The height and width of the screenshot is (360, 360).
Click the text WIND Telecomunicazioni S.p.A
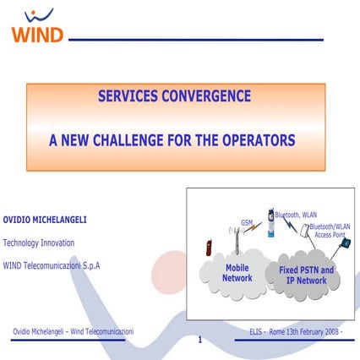pos(52,265)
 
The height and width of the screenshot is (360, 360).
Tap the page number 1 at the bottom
pos(199,341)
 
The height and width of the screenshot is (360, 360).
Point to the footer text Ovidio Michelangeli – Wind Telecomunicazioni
pos(73,330)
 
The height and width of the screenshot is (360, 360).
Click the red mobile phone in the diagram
pos(209,248)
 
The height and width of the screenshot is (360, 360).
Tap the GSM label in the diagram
pos(247,223)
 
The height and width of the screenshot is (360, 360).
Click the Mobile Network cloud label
pos(237,272)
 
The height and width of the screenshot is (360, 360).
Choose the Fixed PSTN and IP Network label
pos(306,274)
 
